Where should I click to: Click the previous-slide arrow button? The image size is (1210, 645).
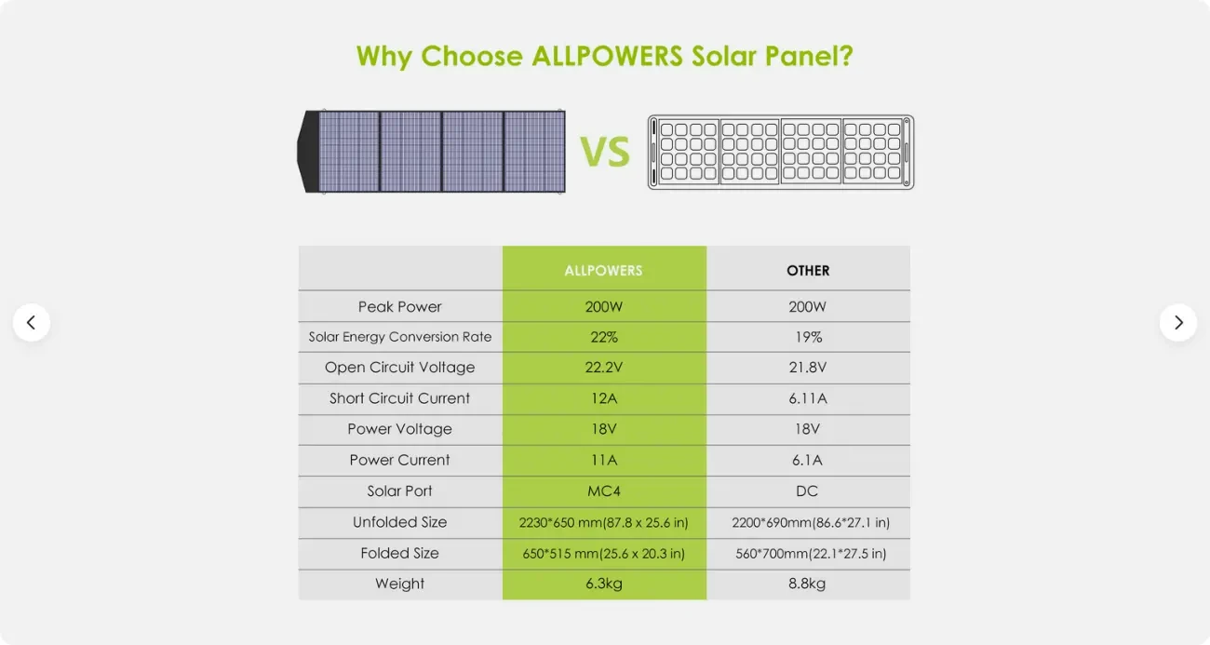click(32, 322)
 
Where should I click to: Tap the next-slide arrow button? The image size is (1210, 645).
click(1178, 322)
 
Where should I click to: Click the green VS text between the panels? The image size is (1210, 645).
click(605, 152)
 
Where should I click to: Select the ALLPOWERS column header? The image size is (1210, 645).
click(603, 270)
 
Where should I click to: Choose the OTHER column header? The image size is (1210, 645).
click(808, 270)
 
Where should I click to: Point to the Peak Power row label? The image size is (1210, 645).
click(400, 306)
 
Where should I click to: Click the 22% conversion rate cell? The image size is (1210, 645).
click(603, 337)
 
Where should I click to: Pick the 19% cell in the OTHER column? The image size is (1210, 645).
click(808, 337)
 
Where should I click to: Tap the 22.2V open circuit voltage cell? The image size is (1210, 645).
click(603, 368)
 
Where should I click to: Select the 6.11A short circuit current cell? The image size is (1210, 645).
click(808, 398)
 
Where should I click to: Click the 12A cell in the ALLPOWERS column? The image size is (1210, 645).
click(603, 398)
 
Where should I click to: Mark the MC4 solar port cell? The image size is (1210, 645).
click(603, 490)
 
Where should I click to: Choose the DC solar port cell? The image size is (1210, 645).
click(808, 490)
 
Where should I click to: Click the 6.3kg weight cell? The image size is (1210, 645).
click(603, 584)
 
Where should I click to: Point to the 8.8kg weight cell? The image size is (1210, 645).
click(808, 584)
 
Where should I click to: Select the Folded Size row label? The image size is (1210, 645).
click(400, 553)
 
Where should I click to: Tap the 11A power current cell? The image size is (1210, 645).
click(603, 460)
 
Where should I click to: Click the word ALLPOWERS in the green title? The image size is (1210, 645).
click(608, 56)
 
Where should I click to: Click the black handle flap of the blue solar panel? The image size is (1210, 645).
click(308, 152)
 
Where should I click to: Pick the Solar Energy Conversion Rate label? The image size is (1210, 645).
click(400, 337)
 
